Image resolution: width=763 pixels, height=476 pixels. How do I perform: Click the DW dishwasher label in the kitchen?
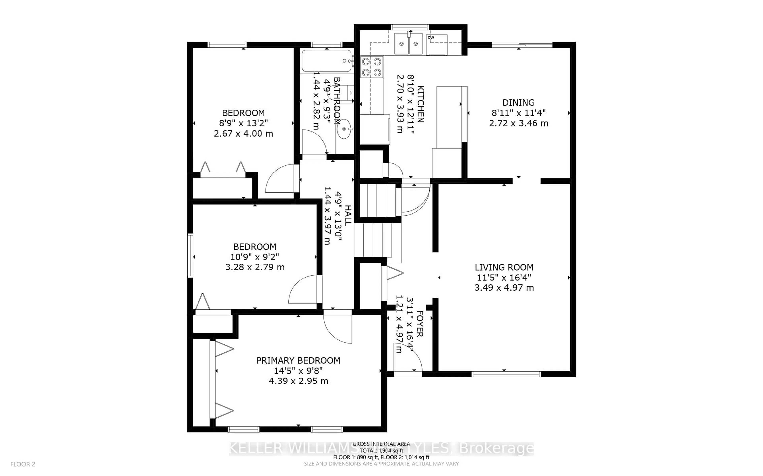(431, 38)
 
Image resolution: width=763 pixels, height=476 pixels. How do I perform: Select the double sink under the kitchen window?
(409, 44)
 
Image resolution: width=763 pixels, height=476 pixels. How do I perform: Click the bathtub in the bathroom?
(326, 61)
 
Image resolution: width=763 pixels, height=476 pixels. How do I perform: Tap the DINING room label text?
(518, 103)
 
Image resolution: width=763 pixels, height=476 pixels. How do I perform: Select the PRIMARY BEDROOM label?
(298, 360)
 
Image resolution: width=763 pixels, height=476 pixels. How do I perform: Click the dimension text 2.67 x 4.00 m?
(243, 133)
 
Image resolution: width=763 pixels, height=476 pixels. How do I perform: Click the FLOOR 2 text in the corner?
(23, 464)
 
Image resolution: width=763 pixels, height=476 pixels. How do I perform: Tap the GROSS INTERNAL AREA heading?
(381, 444)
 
